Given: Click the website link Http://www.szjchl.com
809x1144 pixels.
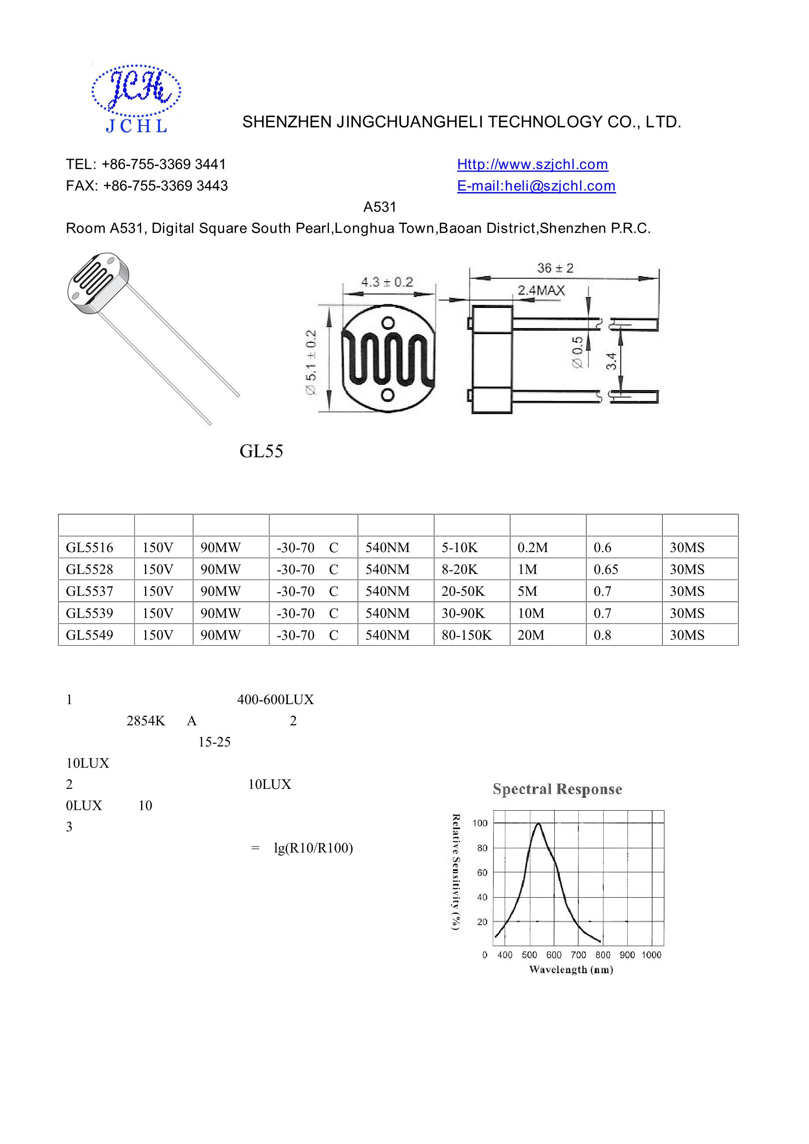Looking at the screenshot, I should point(532,164).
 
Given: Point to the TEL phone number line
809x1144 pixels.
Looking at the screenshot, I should point(146,164).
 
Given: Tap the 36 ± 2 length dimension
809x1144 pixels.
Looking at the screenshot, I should point(555,268).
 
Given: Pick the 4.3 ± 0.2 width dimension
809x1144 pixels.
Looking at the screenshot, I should point(387,282).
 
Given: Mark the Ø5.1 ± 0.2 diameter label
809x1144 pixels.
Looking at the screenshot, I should point(311,362).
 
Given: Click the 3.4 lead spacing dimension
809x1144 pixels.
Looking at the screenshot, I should point(612,361).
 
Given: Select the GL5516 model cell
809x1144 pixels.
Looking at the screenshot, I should point(90,548).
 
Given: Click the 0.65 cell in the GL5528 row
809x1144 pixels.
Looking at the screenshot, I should point(606,570).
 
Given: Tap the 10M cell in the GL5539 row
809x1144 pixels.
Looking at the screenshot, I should point(531,613).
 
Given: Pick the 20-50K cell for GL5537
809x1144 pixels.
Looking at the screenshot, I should point(463,591).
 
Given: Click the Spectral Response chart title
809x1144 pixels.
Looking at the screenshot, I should point(557,789).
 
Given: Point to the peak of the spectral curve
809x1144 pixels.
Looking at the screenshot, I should point(539,824).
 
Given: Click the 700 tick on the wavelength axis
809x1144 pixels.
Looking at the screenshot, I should point(578,955).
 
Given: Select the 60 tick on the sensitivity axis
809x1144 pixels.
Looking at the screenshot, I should point(482,873).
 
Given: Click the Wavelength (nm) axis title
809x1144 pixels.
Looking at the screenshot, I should point(571,970).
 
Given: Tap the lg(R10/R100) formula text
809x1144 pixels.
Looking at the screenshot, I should point(313,848).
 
